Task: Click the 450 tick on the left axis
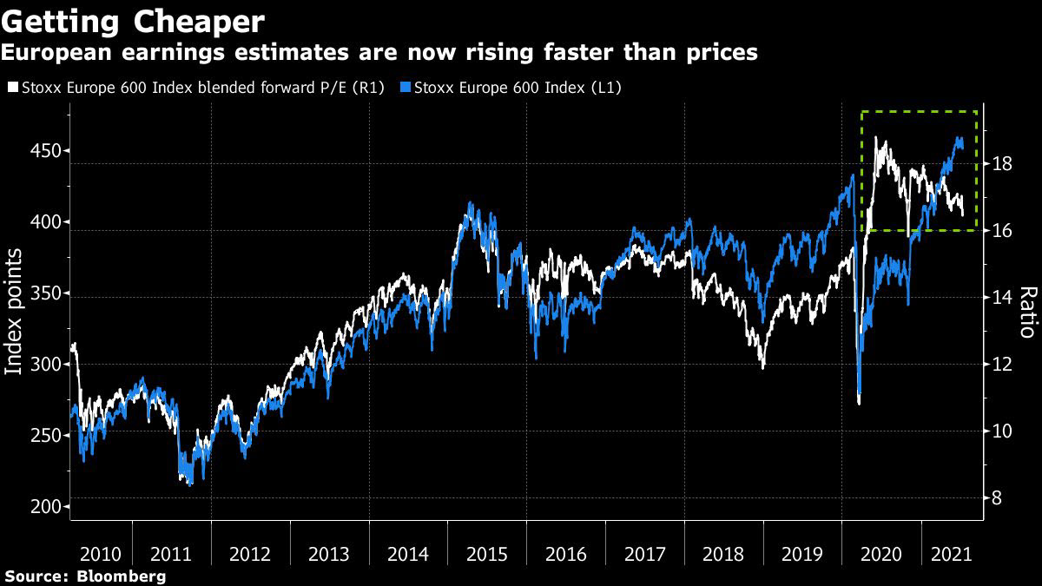[x=47, y=151]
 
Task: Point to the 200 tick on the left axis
[x=47, y=507]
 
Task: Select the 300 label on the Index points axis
[x=47, y=365]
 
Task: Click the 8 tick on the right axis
[x=999, y=498]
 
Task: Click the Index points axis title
[x=15, y=311]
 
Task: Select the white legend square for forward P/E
[x=11, y=88]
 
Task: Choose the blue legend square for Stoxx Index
[x=406, y=88]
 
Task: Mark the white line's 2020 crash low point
[x=859, y=403]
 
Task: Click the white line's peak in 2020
[x=876, y=137]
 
